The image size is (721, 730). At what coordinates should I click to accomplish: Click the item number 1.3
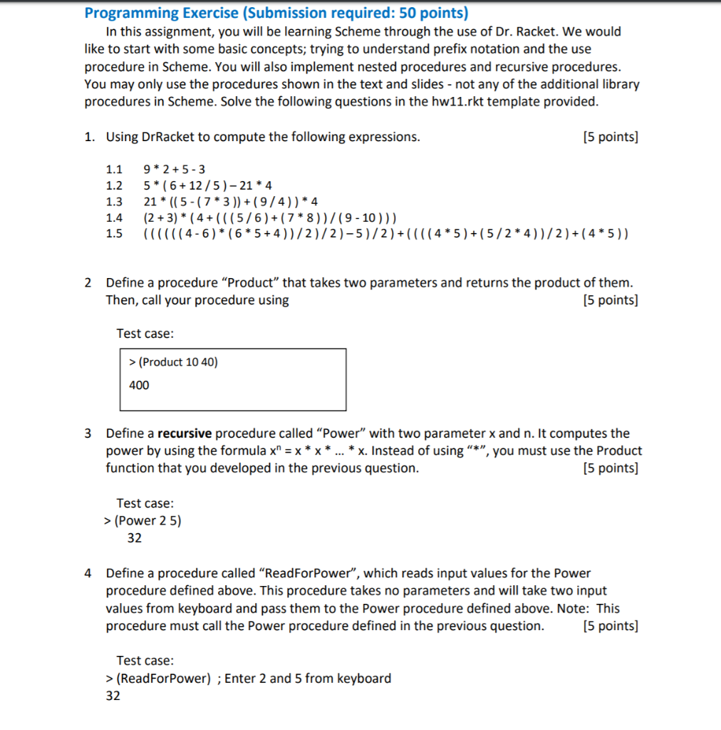[x=114, y=200]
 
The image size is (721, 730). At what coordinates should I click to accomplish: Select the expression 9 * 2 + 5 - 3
[x=175, y=169]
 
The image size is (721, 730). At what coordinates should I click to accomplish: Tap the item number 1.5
[x=114, y=234]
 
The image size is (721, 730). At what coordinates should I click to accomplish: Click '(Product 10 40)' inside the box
[x=173, y=361]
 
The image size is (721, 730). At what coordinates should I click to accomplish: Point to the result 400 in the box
[x=139, y=385]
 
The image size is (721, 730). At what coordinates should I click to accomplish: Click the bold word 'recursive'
[x=185, y=433]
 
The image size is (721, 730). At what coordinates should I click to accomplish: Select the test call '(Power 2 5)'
[x=147, y=520]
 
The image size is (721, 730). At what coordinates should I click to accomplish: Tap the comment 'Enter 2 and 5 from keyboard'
[x=308, y=678]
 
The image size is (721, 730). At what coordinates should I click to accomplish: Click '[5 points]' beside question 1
[x=610, y=137]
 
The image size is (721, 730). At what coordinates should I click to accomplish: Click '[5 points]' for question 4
[x=610, y=626]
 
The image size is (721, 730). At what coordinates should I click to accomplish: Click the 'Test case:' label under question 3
[x=145, y=503]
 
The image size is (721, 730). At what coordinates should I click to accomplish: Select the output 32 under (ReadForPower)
[x=113, y=696]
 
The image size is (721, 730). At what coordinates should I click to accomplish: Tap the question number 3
[x=88, y=433]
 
